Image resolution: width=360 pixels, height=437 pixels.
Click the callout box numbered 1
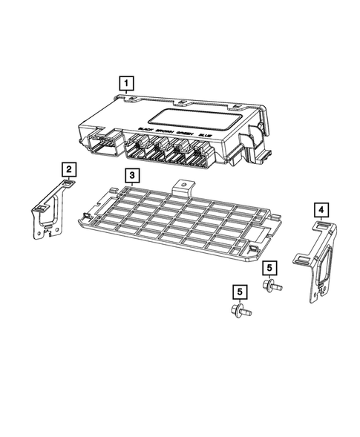pos(127,82)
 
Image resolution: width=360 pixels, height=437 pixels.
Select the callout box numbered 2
pos(68,169)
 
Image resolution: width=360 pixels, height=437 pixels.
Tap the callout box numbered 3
pos(130,176)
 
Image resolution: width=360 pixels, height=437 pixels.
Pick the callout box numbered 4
pos(321,210)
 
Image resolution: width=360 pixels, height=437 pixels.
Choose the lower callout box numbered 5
pos(238,292)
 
